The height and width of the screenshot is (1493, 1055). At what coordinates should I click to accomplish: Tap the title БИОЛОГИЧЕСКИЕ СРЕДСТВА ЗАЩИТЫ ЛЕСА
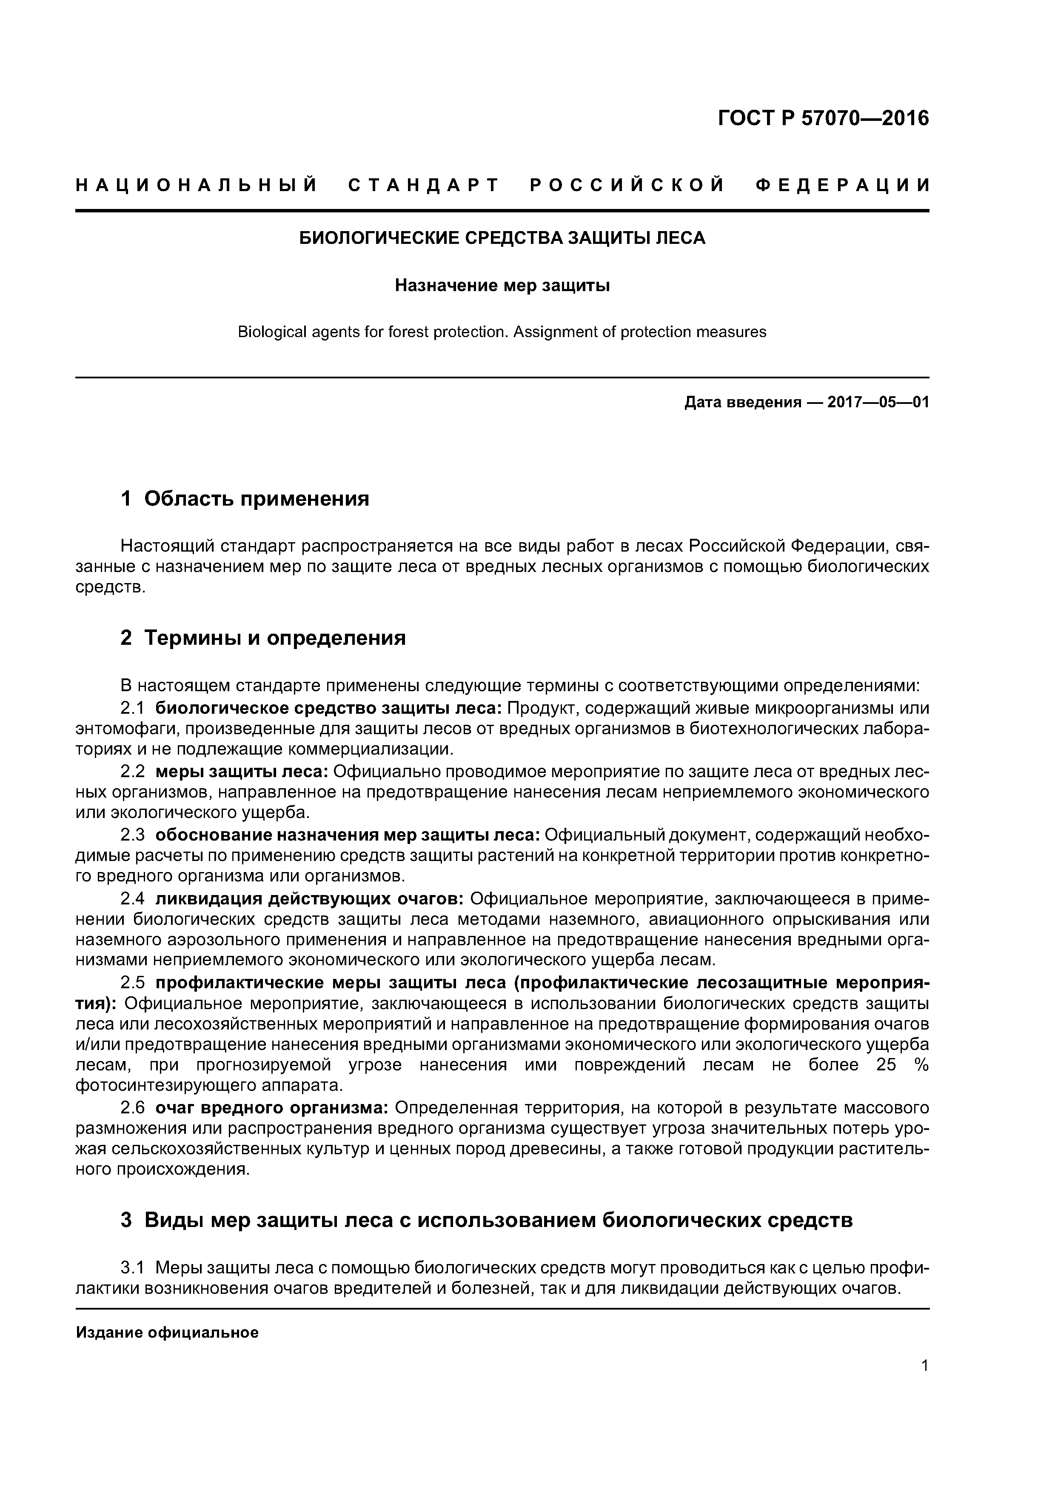point(502,238)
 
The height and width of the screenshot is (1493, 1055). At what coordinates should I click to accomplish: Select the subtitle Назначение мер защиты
point(502,286)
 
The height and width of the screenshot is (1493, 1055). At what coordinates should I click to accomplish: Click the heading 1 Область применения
point(245,499)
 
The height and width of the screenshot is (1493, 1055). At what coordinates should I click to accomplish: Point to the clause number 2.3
point(134,834)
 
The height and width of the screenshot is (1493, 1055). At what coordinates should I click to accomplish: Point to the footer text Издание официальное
point(167,1333)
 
